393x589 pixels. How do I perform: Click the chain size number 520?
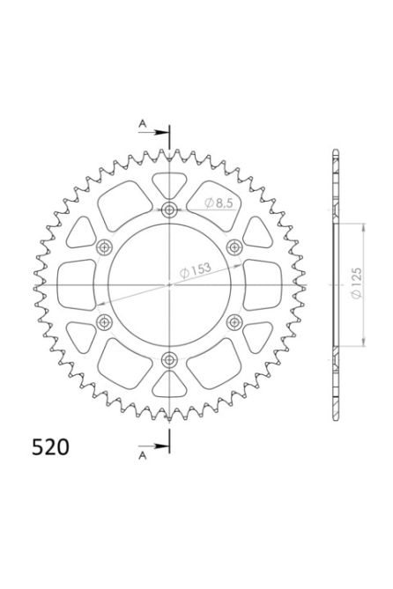click(43, 447)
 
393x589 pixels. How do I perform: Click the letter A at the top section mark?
click(142, 124)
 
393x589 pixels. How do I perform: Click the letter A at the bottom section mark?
click(142, 455)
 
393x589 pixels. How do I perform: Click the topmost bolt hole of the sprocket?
click(169, 210)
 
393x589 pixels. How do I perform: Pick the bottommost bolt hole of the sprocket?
click(169, 359)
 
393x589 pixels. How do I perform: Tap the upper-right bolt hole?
click(234, 247)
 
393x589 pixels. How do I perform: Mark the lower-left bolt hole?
click(104, 322)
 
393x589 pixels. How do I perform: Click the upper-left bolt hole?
click(104, 247)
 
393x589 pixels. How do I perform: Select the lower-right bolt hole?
click(234, 322)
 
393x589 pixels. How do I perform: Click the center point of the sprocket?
click(169, 284)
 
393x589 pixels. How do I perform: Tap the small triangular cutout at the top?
click(169, 184)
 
